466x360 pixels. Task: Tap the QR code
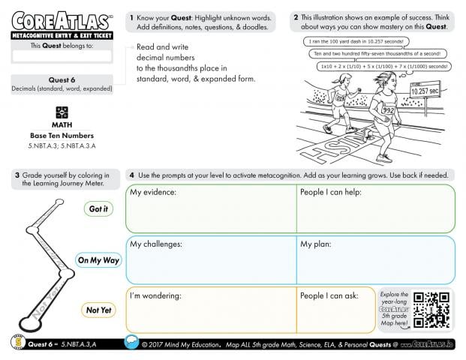(431, 309)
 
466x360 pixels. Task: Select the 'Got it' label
(98, 209)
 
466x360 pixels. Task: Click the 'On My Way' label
(98, 260)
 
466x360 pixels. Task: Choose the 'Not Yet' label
(98, 310)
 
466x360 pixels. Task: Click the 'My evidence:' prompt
(153, 193)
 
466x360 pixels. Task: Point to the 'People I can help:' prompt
(331, 193)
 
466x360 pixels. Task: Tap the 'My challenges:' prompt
(157, 244)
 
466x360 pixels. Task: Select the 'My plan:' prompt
(317, 244)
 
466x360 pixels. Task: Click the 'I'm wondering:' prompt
(156, 295)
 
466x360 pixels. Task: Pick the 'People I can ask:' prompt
(329, 295)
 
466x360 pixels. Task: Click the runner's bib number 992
(388, 109)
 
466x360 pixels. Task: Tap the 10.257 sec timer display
(424, 91)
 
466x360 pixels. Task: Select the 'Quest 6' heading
(62, 79)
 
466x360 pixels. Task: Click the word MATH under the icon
(62, 124)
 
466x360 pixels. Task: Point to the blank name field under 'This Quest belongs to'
(62, 56)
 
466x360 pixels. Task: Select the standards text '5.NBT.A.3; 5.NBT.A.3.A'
(62, 144)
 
